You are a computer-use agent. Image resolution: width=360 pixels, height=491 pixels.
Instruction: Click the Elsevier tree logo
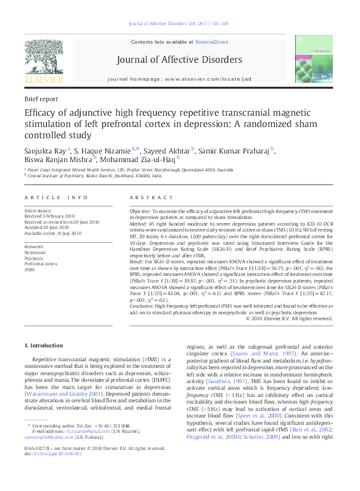[x=44, y=55]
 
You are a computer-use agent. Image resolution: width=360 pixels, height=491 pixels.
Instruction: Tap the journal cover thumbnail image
[x=312, y=60]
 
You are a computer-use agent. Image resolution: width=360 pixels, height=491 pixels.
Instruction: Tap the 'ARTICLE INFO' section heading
[x=56, y=197]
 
